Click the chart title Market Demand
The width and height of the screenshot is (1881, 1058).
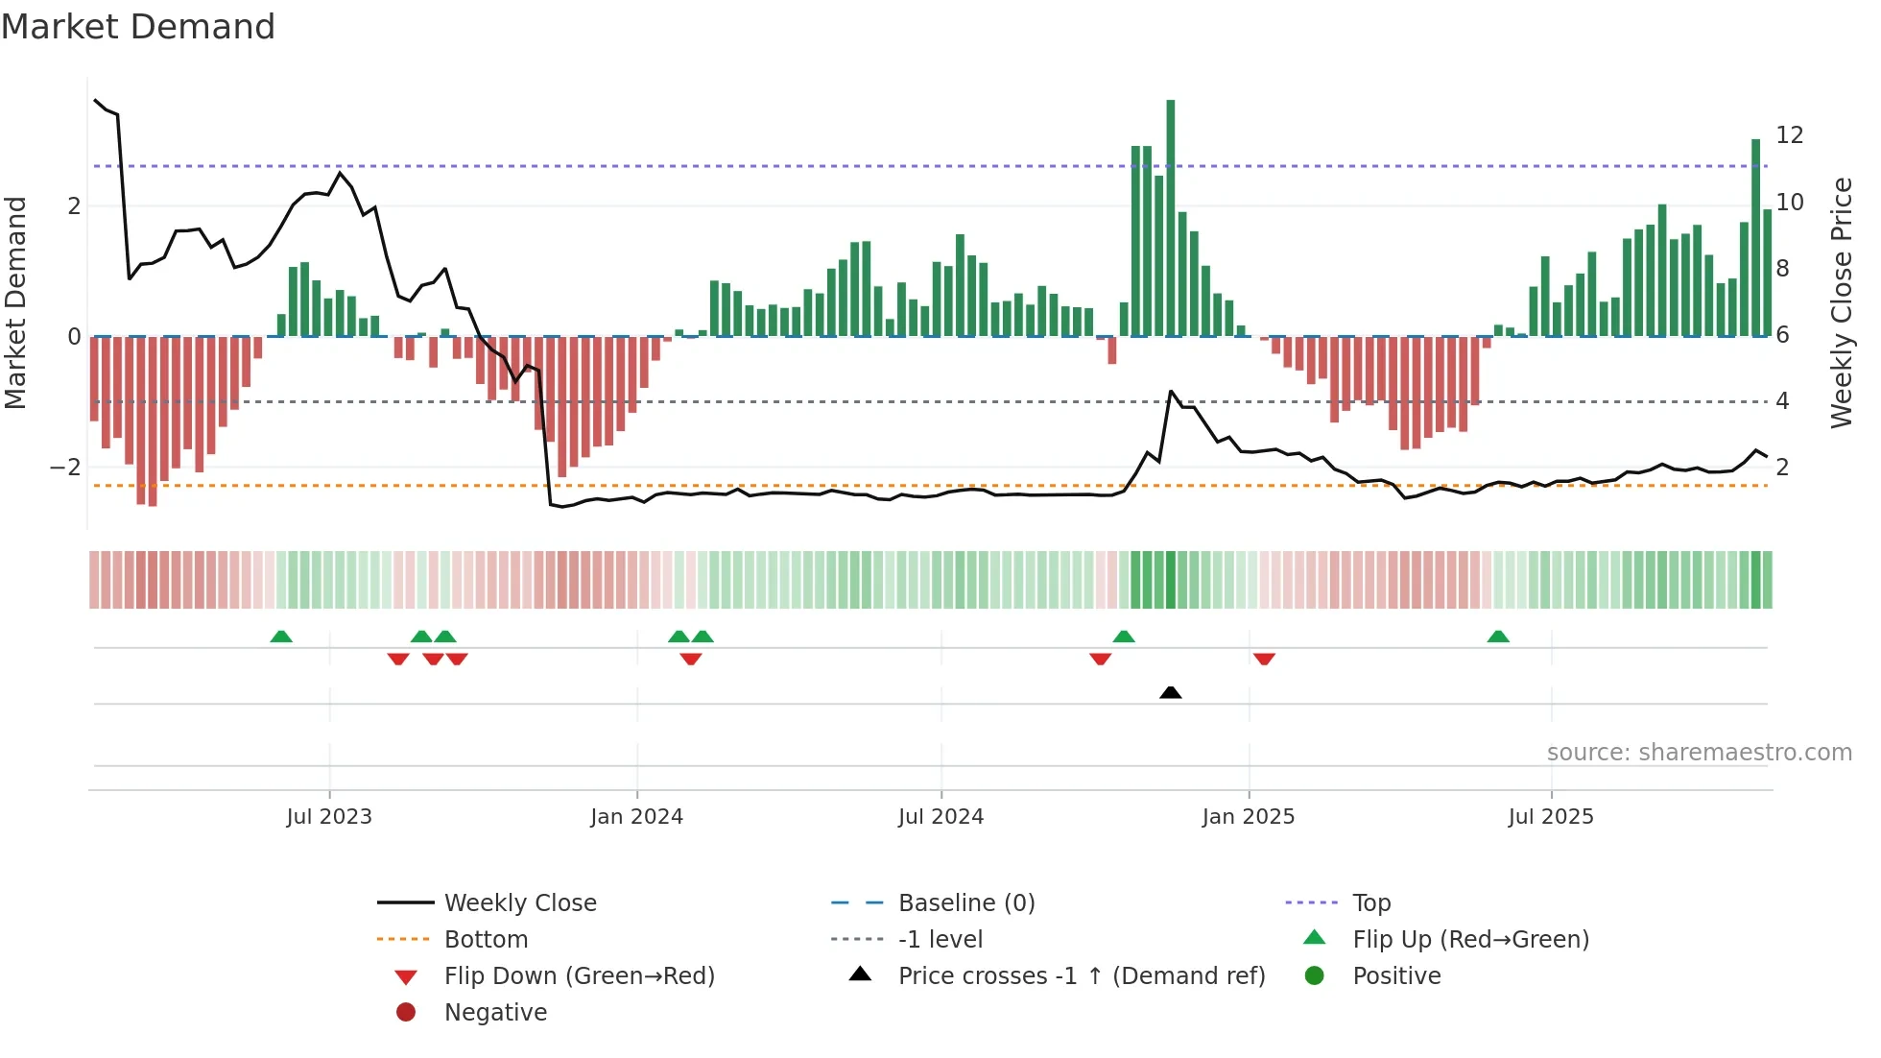pyautogui.click(x=138, y=27)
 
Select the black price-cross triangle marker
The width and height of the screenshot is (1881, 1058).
pyautogui.click(x=1170, y=692)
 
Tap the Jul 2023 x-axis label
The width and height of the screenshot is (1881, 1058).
pyautogui.click(x=329, y=817)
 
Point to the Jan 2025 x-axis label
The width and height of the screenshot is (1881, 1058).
pyautogui.click(x=1248, y=817)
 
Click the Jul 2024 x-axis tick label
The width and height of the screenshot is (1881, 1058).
pyautogui.click(x=940, y=817)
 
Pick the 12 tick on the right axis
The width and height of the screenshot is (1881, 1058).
pyautogui.click(x=1789, y=135)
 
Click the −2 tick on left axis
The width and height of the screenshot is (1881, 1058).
pyautogui.click(x=65, y=468)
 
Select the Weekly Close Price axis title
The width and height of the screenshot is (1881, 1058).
pyautogui.click(x=1841, y=302)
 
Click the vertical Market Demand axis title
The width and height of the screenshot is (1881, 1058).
pyautogui.click(x=16, y=302)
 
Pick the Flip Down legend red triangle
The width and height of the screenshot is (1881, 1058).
pyautogui.click(x=406, y=977)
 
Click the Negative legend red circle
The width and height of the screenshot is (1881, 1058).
pyautogui.click(x=406, y=1013)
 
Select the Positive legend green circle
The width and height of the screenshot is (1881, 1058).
pyautogui.click(x=1315, y=976)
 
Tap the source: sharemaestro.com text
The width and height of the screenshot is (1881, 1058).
pyautogui.click(x=1699, y=753)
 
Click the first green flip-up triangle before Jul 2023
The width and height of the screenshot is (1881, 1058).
pyautogui.click(x=281, y=637)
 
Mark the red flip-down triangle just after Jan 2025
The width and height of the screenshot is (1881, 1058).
pyautogui.click(x=1264, y=659)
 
